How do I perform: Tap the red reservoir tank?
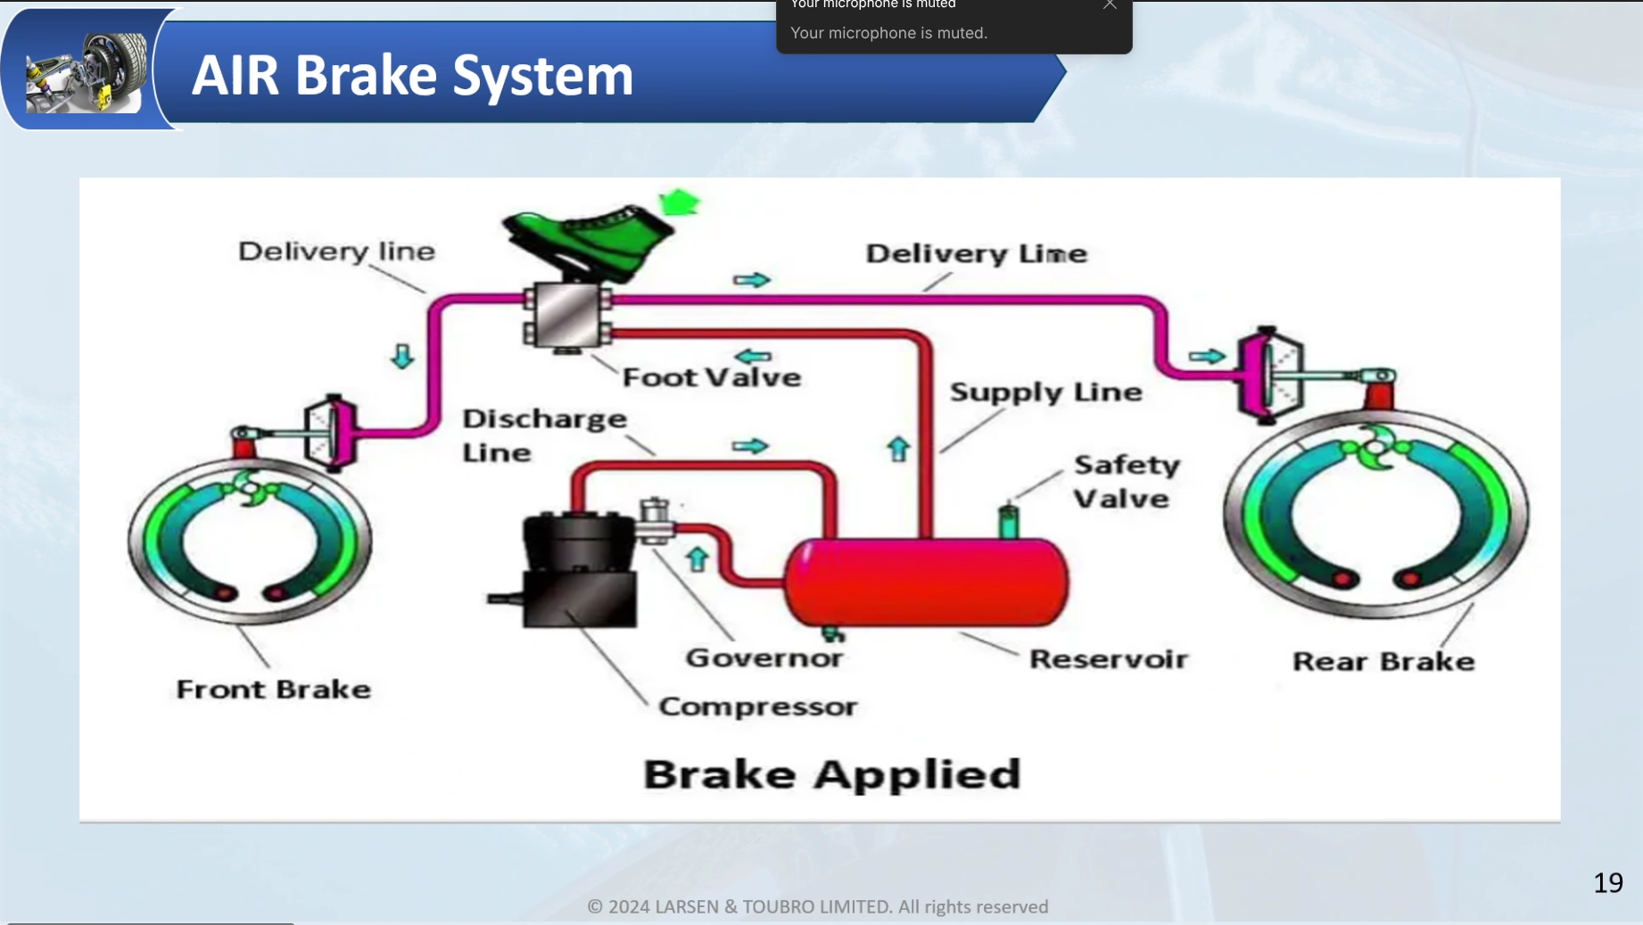(x=926, y=582)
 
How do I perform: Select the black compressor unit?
(x=578, y=571)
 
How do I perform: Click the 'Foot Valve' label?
(x=711, y=377)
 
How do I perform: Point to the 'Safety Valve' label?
(x=1126, y=482)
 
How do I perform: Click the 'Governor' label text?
(x=764, y=658)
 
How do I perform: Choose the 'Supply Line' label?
(x=1045, y=392)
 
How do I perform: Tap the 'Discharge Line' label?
(x=543, y=435)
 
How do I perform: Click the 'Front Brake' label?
(x=273, y=690)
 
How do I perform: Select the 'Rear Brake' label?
(x=1383, y=662)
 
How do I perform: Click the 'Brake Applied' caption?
(x=831, y=774)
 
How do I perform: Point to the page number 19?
(x=1607, y=883)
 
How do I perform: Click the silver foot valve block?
(x=567, y=315)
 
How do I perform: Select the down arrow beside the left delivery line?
(x=402, y=357)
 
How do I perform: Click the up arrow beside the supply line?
(x=898, y=449)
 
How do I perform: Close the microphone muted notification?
(x=1110, y=5)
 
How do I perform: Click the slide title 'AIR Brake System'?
(x=412, y=75)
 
